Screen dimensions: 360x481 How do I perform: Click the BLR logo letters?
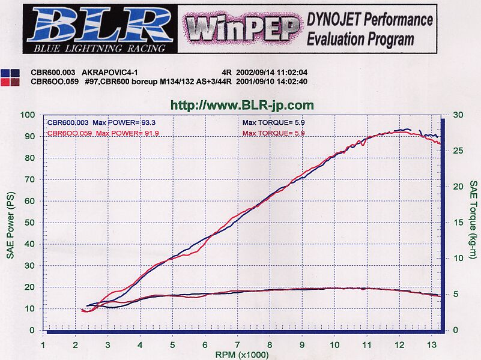(x=99, y=25)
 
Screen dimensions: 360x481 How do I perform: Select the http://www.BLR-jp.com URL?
(x=242, y=106)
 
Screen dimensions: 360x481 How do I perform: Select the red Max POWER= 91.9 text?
(x=127, y=133)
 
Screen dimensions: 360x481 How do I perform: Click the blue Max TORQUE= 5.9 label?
(x=273, y=122)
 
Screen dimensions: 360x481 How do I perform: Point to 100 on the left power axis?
(x=27, y=115)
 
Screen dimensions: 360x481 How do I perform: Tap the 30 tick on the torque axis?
(x=458, y=115)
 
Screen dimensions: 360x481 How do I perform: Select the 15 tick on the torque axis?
(x=458, y=223)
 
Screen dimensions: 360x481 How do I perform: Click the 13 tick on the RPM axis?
(x=432, y=345)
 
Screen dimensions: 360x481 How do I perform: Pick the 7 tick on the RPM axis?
(x=237, y=345)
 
